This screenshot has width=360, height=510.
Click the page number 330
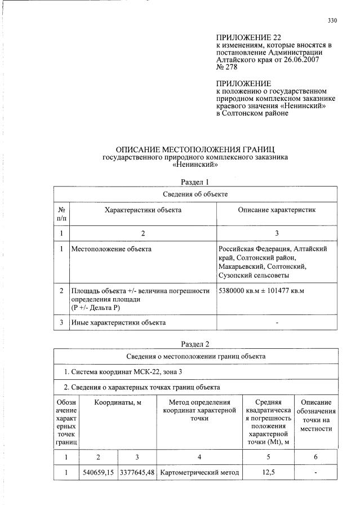coord(332,21)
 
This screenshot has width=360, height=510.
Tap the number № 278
coord(227,66)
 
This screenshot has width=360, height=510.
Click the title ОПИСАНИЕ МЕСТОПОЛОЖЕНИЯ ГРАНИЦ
coord(195,149)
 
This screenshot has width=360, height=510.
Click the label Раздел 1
coord(195,182)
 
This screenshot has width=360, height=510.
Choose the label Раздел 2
coord(195,344)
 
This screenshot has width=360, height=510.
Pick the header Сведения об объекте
coord(195,194)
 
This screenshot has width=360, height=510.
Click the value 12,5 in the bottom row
coord(268,472)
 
